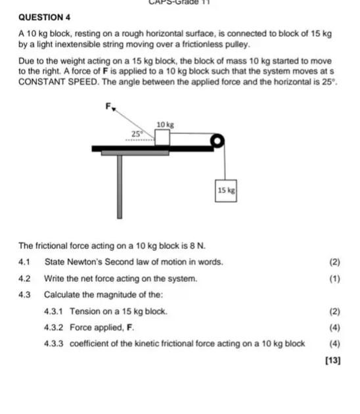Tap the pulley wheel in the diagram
(216, 141)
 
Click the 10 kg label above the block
(164, 124)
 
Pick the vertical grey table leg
(120, 187)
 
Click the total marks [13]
(332, 360)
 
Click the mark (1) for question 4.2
(334, 279)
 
